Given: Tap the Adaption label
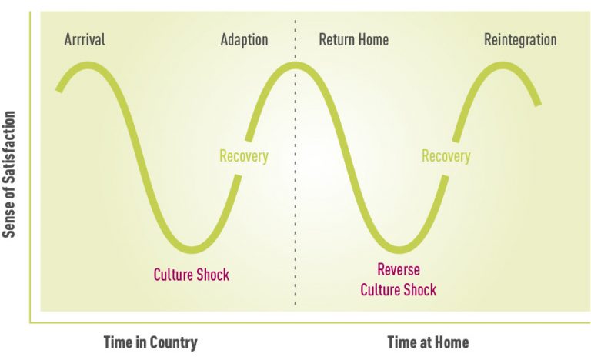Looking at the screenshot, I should (245, 40).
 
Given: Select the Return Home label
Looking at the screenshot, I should (353, 40).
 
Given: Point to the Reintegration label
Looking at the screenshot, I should (520, 40).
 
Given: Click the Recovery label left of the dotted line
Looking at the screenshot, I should (244, 156).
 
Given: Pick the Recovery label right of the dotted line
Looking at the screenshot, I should (446, 156).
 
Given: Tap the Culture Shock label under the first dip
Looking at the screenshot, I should (192, 275).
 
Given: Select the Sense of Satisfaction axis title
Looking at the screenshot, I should (10, 175).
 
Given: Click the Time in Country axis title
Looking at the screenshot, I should (150, 342).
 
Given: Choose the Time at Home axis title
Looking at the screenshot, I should (427, 342).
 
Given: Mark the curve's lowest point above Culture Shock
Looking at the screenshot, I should (192, 249).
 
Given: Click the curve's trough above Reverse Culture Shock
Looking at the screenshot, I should (398, 249).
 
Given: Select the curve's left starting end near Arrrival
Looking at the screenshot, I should (59, 89).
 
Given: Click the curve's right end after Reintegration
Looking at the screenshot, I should (538, 102).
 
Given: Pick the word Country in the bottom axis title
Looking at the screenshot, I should (174, 342).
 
